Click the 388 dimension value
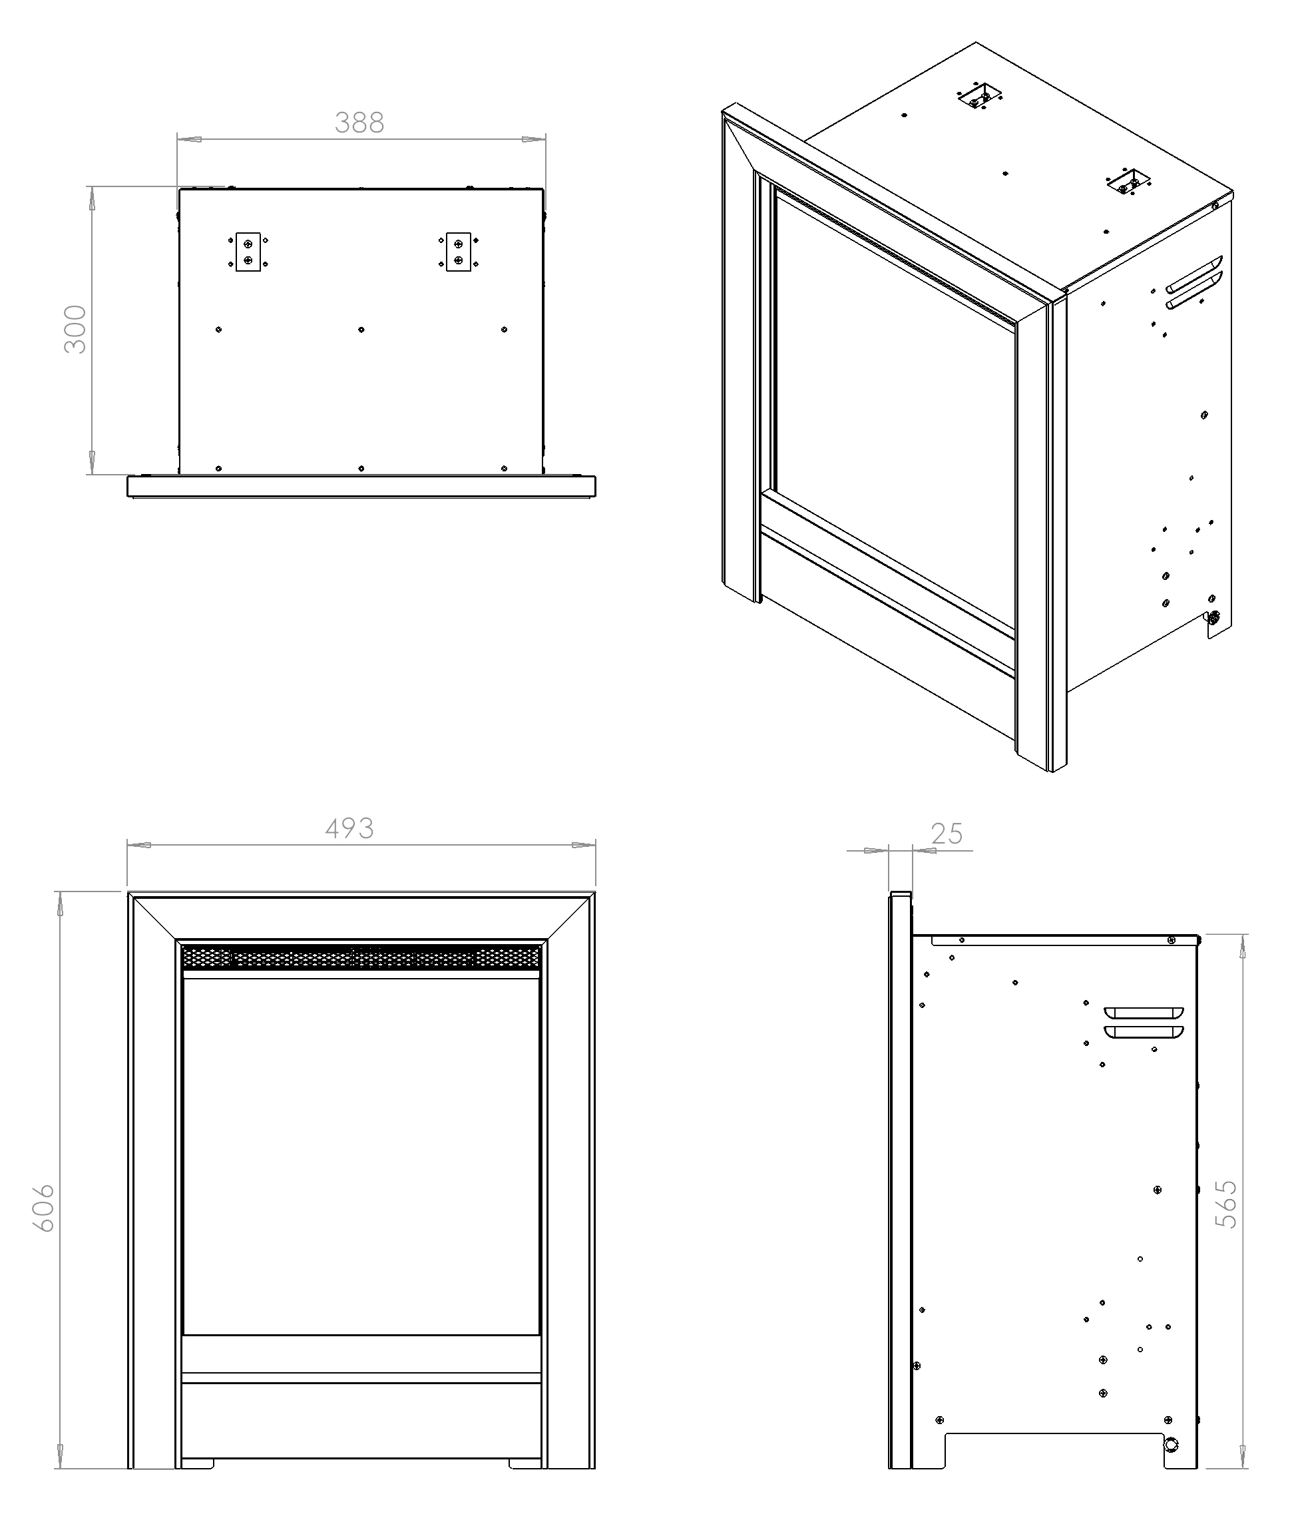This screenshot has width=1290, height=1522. coord(359,123)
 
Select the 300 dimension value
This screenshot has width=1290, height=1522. coord(75,329)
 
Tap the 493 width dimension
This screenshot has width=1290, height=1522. coord(349,828)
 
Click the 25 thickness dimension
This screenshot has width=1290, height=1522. coord(947,834)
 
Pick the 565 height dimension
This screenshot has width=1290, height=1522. coord(1225,1203)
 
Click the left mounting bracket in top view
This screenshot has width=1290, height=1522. coord(248,252)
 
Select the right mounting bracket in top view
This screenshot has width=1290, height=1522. coord(459,252)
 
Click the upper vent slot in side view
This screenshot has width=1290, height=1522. coord(1144,1013)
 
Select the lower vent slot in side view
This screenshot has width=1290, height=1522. coord(1144,1031)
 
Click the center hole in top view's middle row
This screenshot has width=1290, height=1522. coord(361,330)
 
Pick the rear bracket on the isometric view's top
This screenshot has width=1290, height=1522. coord(980,95)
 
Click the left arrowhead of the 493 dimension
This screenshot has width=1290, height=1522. coord(139,845)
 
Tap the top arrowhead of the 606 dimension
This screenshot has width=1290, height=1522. coord(60,904)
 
